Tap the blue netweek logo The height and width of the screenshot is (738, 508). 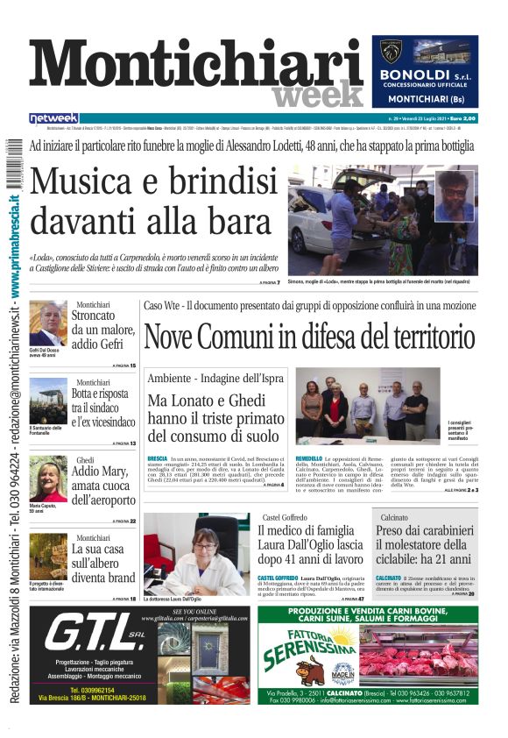54,118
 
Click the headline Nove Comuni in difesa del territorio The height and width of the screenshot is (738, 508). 309,336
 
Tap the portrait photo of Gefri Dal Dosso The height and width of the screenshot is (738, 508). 48,323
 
